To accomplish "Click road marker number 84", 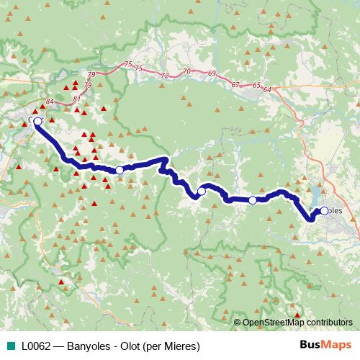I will (49, 102).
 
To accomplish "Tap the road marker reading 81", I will (77, 98).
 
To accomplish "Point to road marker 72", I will (165, 75).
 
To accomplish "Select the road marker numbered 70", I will (187, 71).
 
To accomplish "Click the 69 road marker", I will (211, 74).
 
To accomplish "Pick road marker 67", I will (235, 85).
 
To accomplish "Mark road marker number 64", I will (268, 89).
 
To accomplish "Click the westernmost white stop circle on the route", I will (37, 121).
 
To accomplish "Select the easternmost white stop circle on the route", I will (324, 210).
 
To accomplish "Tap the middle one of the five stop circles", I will (202, 191).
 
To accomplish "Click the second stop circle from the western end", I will (120, 170).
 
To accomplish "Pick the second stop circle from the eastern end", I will (253, 200).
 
